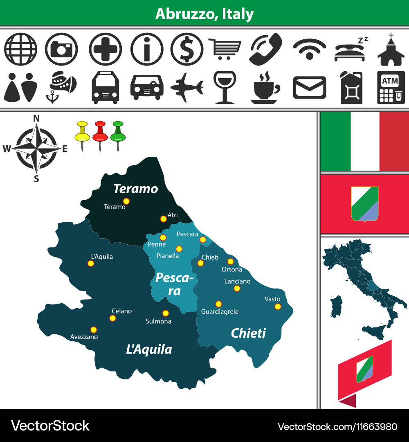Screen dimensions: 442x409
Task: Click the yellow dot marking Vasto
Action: [x=278, y=307]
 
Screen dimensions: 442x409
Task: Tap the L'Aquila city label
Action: [x=102, y=257]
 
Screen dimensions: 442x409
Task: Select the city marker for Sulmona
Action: [x=165, y=313]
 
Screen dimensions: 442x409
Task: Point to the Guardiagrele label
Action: [x=220, y=311]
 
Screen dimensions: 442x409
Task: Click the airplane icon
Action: [x=187, y=87]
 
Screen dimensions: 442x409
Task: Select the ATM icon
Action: [x=391, y=87]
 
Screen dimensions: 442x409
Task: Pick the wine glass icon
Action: [x=224, y=87]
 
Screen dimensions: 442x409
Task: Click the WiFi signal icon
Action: [x=309, y=49]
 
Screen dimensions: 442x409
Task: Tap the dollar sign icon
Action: [x=187, y=49]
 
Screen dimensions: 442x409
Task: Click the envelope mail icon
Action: [x=310, y=87]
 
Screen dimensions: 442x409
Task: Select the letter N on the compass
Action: [x=36, y=118]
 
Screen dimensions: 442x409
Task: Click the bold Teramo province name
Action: [x=135, y=189]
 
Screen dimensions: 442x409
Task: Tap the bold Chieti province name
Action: [x=248, y=333]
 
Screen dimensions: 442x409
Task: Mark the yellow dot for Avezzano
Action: [x=94, y=329]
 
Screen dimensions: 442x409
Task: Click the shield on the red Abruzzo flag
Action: [x=365, y=204]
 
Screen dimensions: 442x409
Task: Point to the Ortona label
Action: [x=232, y=269]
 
